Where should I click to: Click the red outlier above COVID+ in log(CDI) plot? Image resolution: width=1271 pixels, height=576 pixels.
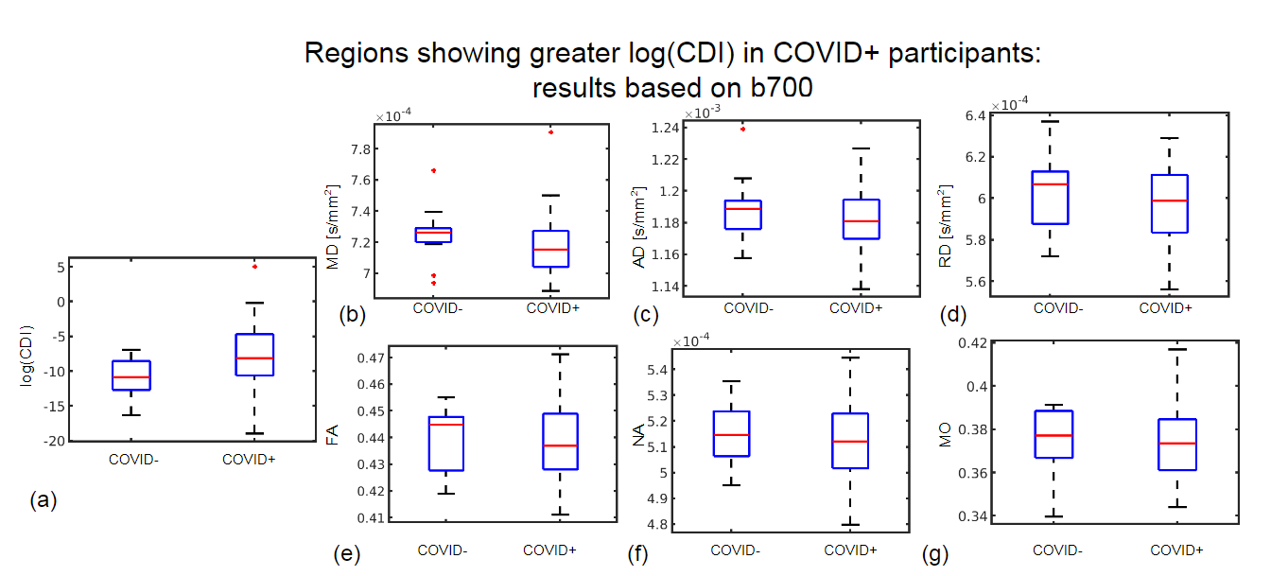[254, 267]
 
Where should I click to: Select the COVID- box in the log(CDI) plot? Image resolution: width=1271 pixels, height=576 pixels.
[131, 375]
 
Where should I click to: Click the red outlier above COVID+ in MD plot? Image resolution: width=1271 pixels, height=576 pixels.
[550, 132]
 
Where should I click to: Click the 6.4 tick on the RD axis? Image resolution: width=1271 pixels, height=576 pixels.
[973, 115]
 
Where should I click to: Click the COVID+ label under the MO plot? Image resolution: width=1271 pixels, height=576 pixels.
[1175, 550]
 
